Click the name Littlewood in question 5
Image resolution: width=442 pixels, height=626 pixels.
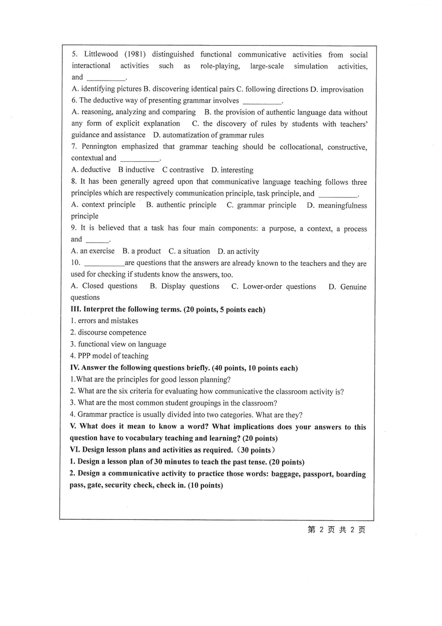[101, 54]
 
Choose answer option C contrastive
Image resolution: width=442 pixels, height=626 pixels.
[183, 170]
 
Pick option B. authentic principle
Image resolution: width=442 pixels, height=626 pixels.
[181, 205]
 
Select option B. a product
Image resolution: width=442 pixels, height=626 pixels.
[141, 251]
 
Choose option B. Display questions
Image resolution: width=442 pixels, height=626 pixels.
[184, 286]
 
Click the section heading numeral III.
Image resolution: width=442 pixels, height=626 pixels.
[75, 310]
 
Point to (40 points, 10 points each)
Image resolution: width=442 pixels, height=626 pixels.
[255, 368]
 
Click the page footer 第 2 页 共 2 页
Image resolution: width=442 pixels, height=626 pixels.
[336, 530]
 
